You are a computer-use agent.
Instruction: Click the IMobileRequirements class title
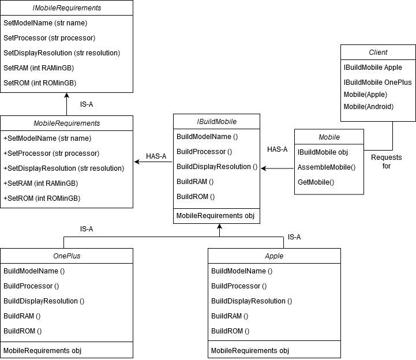tap(66, 8)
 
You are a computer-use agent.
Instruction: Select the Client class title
tap(378, 52)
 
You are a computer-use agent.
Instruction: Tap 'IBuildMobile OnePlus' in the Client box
tap(378, 82)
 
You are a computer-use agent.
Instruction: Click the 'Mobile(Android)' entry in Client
tap(368, 106)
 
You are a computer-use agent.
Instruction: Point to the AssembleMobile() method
tap(326, 167)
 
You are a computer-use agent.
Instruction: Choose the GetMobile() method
tap(316, 182)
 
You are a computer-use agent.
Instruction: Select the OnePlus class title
tap(66, 256)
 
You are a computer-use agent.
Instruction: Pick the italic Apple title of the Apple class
tap(274, 256)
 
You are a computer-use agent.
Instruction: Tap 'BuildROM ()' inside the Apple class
tap(230, 331)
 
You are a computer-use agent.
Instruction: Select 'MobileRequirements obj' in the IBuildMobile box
tap(215, 216)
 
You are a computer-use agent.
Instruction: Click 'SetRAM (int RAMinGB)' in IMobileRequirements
tap(39, 67)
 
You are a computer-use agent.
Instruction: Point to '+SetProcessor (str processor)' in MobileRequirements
tap(51, 153)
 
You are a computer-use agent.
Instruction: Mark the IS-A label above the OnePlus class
tap(87, 229)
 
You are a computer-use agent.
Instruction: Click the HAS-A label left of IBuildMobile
tap(156, 156)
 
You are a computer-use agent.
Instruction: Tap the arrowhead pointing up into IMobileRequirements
tap(66, 96)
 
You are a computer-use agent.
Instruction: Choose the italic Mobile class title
tap(329, 137)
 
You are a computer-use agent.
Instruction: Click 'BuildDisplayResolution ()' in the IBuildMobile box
tap(217, 167)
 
